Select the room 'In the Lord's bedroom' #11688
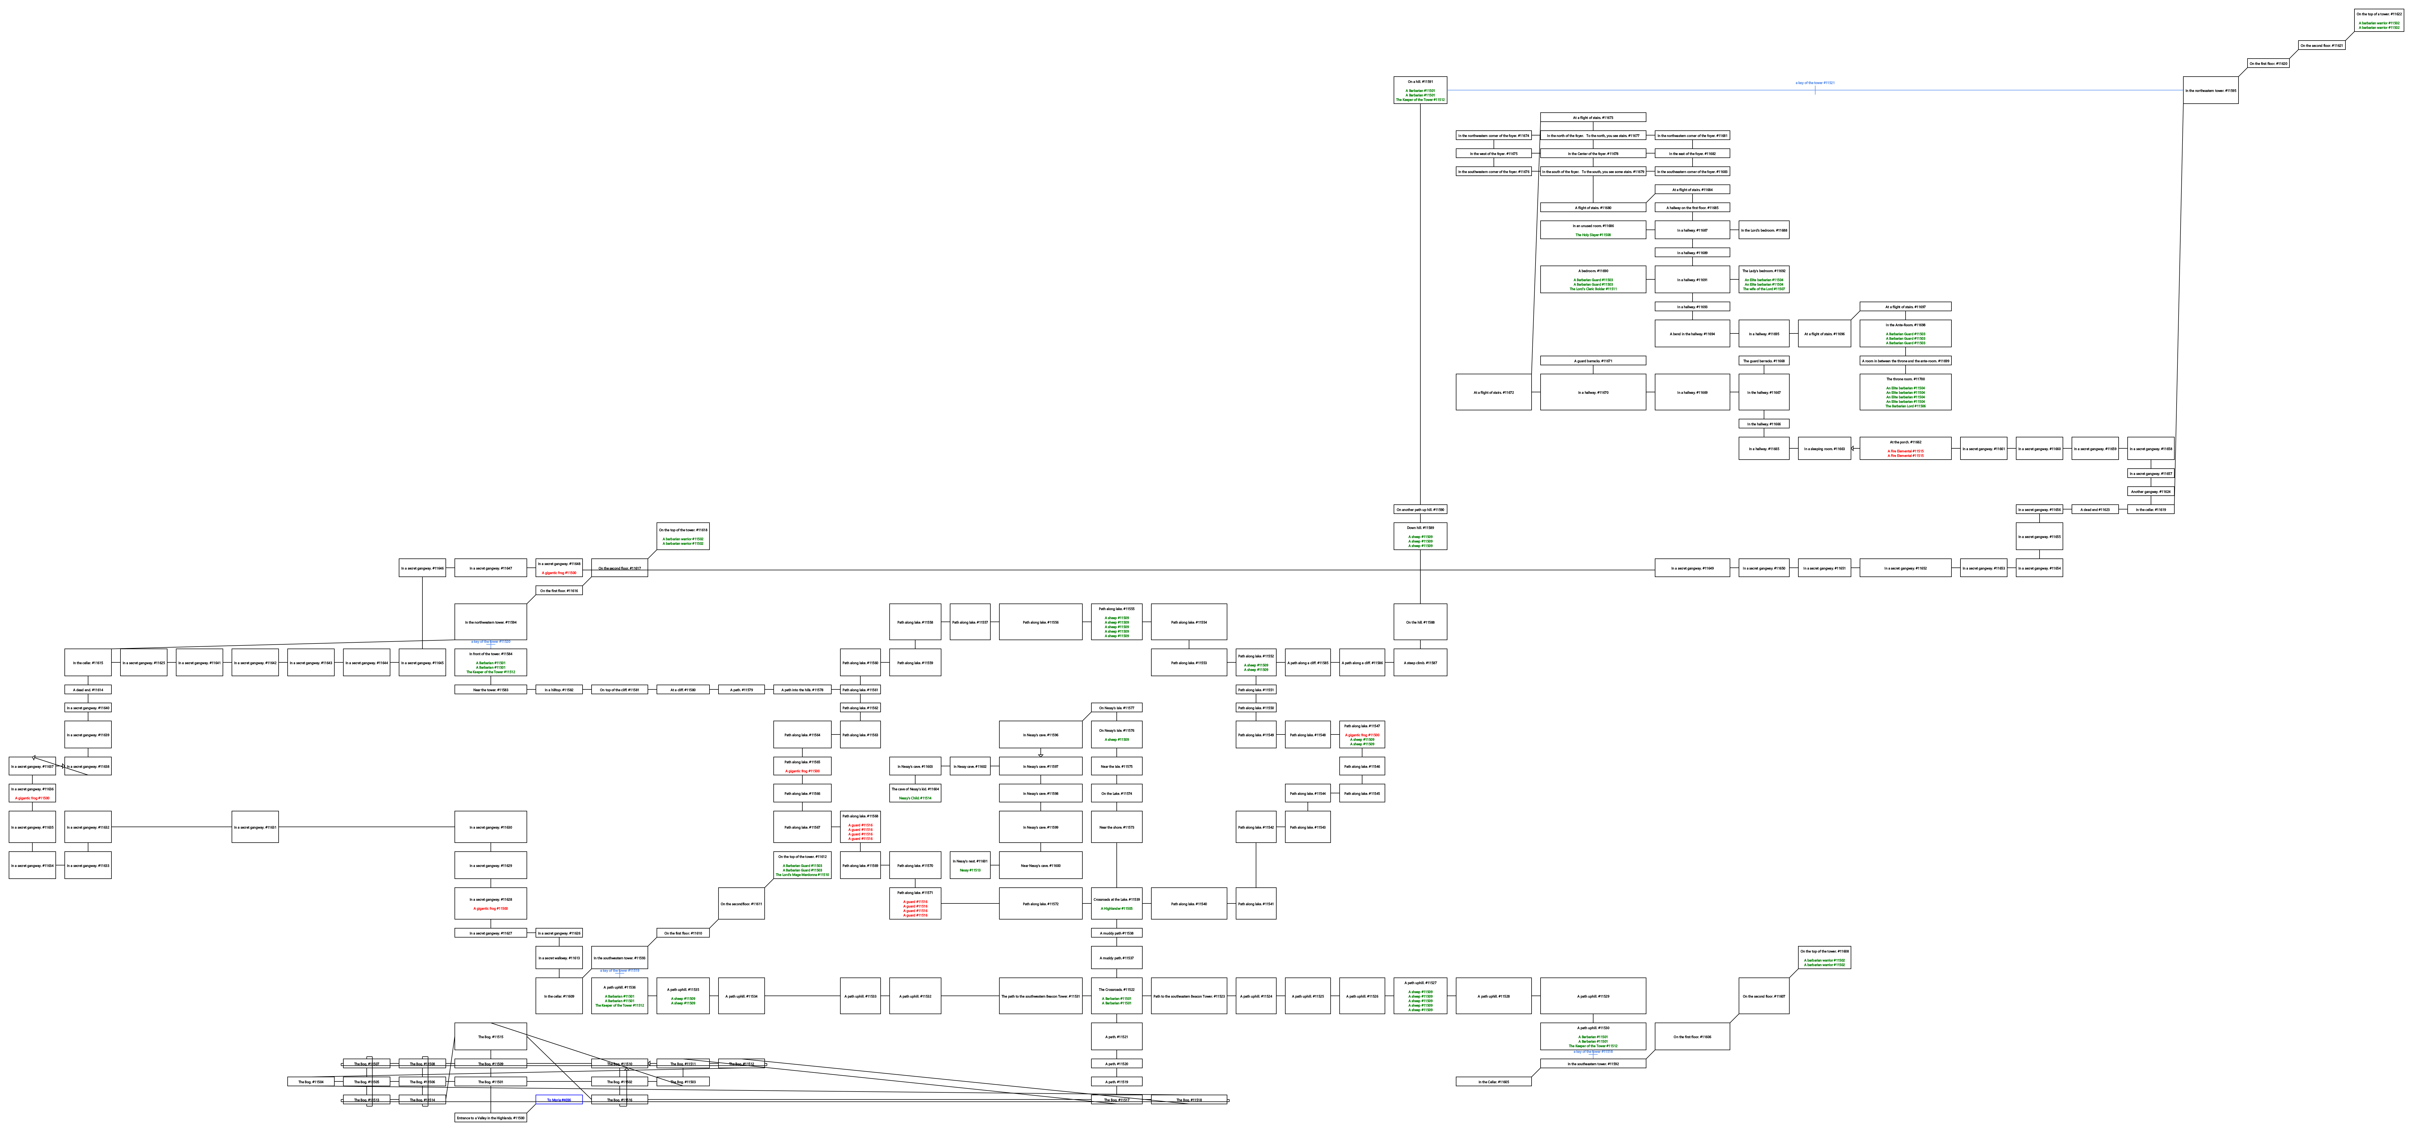tap(1764, 231)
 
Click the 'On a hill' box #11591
tap(1420, 90)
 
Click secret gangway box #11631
tap(255, 827)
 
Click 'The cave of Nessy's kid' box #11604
tap(914, 793)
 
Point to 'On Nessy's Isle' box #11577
tap(1116, 707)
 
